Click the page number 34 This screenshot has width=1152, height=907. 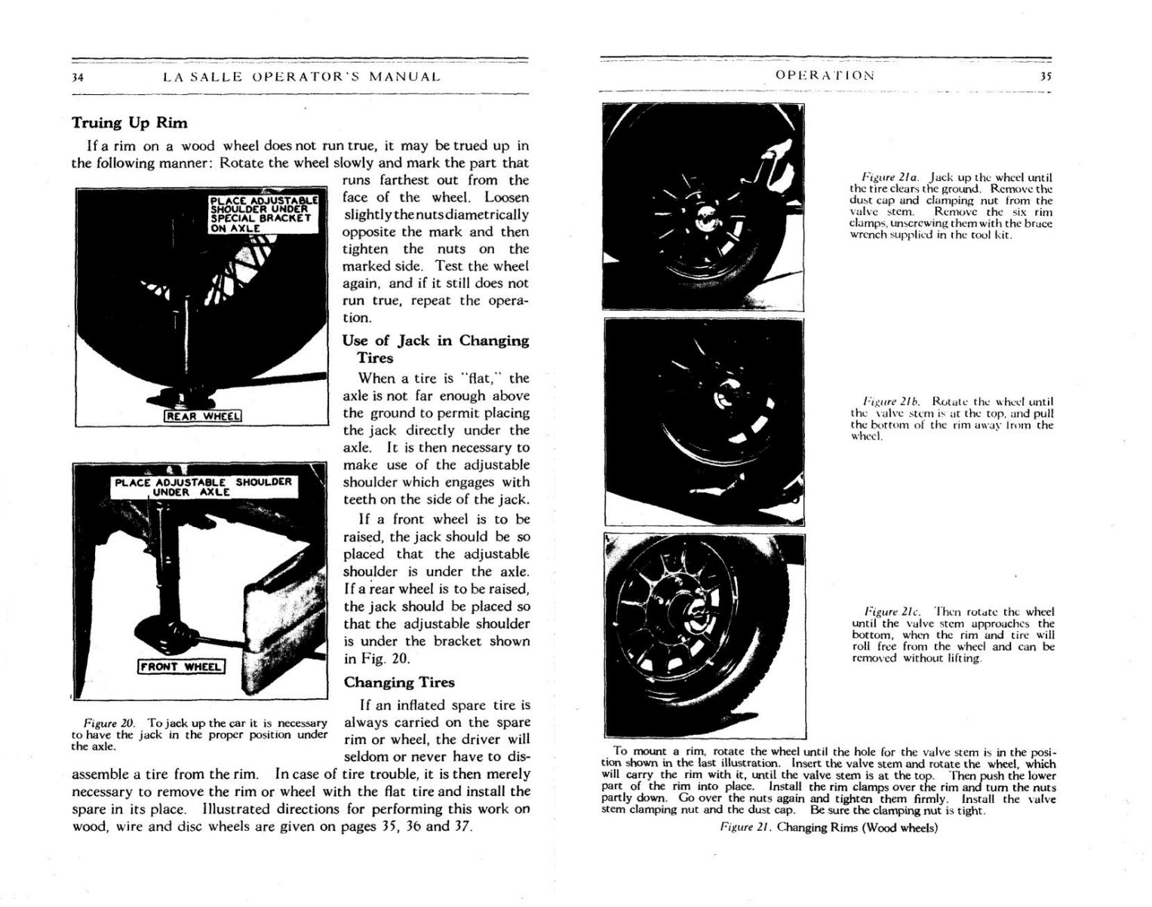[77, 77]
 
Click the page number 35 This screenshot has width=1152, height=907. [1046, 76]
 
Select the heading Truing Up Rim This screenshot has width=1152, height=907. [129, 123]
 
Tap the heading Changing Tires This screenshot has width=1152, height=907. [399, 682]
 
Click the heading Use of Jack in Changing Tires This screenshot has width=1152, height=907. [435, 348]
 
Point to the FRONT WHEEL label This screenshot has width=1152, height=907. [181, 666]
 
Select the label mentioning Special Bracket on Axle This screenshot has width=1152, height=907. [263, 214]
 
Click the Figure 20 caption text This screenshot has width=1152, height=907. [199, 734]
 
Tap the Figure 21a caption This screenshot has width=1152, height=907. [951, 206]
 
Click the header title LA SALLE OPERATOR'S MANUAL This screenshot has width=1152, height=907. [301, 77]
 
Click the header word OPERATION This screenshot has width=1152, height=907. [825, 75]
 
